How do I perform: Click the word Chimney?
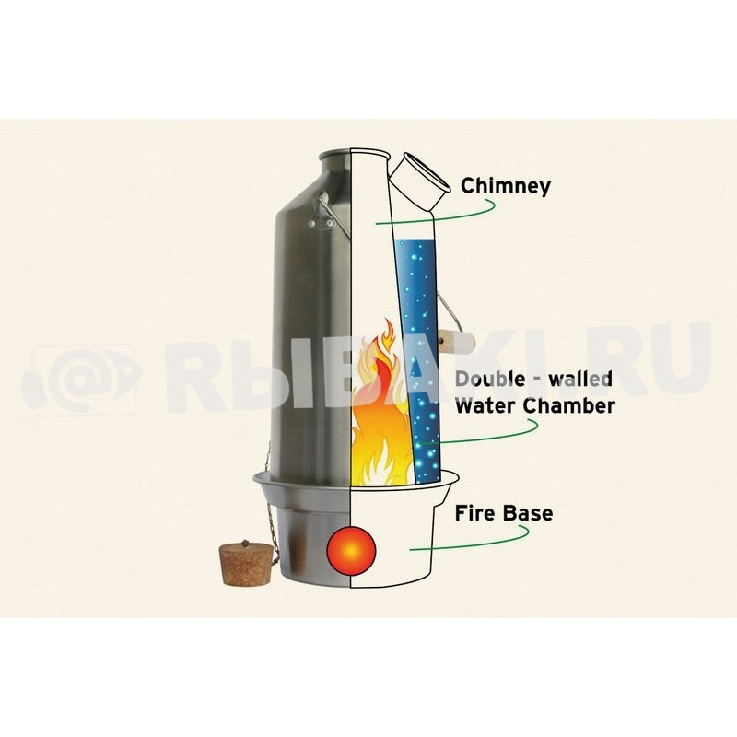pyautogui.click(x=505, y=186)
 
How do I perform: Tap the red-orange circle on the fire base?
pyautogui.click(x=351, y=551)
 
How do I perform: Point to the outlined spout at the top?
pyautogui.click(x=418, y=182)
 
